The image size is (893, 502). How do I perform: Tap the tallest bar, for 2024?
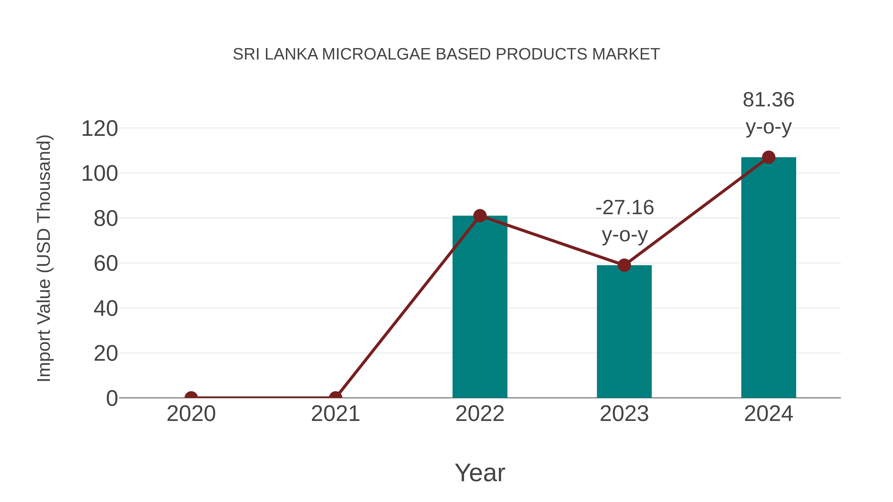point(768,277)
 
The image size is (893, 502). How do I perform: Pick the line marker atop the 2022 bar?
point(480,215)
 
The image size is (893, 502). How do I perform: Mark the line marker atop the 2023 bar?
point(624,265)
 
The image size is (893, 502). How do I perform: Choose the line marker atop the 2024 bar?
point(768,157)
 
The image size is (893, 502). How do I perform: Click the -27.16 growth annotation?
point(625,208)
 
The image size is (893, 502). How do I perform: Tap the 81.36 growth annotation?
point(768,100)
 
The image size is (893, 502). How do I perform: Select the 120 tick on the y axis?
point(99,129)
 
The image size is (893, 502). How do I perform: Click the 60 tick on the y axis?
point(106,264)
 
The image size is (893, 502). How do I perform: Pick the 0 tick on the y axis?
point(112,398)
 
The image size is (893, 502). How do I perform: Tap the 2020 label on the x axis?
point(191,414)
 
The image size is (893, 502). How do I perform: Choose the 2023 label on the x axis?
point(624,414)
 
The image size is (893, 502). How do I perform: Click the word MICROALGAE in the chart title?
point(377,54)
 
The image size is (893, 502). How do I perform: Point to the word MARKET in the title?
point(626,54)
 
